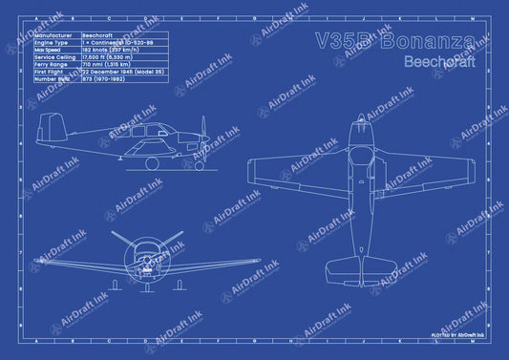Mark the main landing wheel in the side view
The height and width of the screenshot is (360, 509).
[x=152, y=164]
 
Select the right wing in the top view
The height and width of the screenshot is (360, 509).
[x=438, y=173]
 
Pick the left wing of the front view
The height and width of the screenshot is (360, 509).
[x=76, y=262]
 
